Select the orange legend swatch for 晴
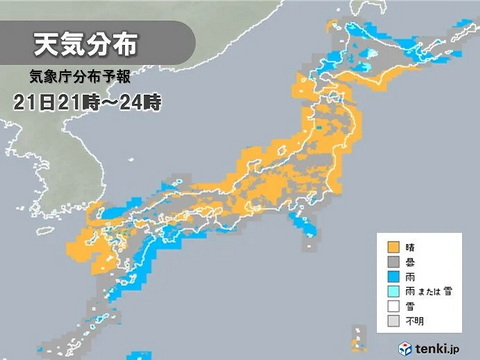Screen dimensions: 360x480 [395, 246]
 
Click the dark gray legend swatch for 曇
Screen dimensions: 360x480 [395, 262]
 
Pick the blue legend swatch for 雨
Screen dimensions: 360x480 [395, 277]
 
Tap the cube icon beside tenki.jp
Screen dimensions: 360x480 [406, 346]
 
